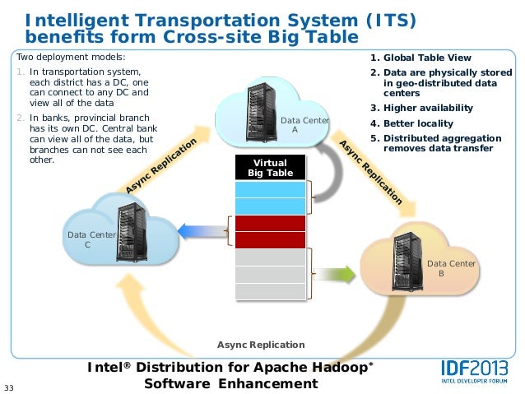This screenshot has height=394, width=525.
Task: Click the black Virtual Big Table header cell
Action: point(271,168)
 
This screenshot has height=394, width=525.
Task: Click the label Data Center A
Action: point(304,125)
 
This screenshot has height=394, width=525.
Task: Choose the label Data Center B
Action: point(451,268)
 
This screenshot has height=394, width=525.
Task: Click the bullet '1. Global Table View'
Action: point(420,58)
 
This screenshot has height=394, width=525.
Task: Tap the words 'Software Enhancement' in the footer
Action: point(230,384)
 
